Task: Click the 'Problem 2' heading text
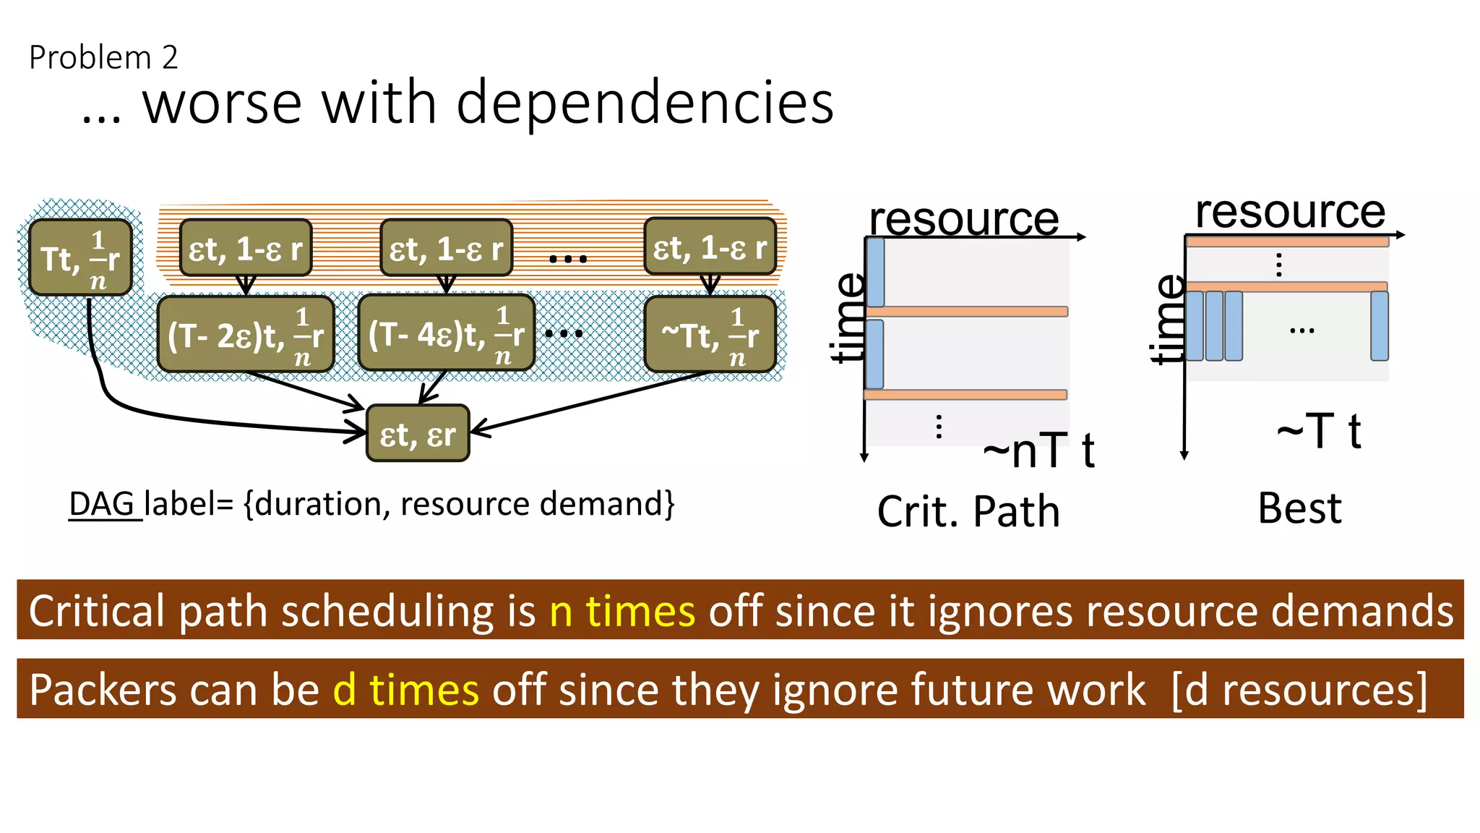click(103, 58)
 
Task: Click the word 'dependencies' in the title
click(645, 103)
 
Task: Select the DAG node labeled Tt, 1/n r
click(80, 258)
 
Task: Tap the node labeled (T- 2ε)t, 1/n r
click(246, 334)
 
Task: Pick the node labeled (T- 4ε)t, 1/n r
click(446, 334)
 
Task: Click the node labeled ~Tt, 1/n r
click(710, 334)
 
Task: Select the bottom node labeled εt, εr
click(418, 434)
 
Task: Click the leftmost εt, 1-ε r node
click(246, 249)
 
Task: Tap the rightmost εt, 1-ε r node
click(710, 247)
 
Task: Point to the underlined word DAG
click(102, 504)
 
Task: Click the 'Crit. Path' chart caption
click(968, 512)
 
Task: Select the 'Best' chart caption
click(1299, 508)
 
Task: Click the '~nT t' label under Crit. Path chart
click(1038, 450)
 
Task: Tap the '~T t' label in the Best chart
click(1319, 432)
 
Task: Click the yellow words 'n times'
click(622, 611)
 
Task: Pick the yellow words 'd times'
click(405, 689)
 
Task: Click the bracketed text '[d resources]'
click(1299, 689)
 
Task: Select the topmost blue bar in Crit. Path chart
click(875, 272)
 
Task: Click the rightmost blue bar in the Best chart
click(1379, 326)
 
